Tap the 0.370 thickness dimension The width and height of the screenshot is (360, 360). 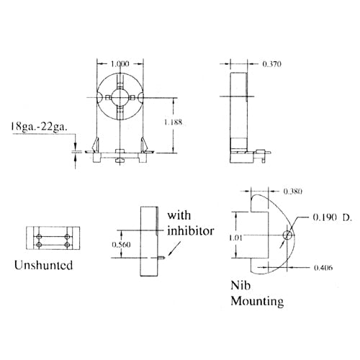(273, 64)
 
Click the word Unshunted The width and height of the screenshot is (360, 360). (43, 265)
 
